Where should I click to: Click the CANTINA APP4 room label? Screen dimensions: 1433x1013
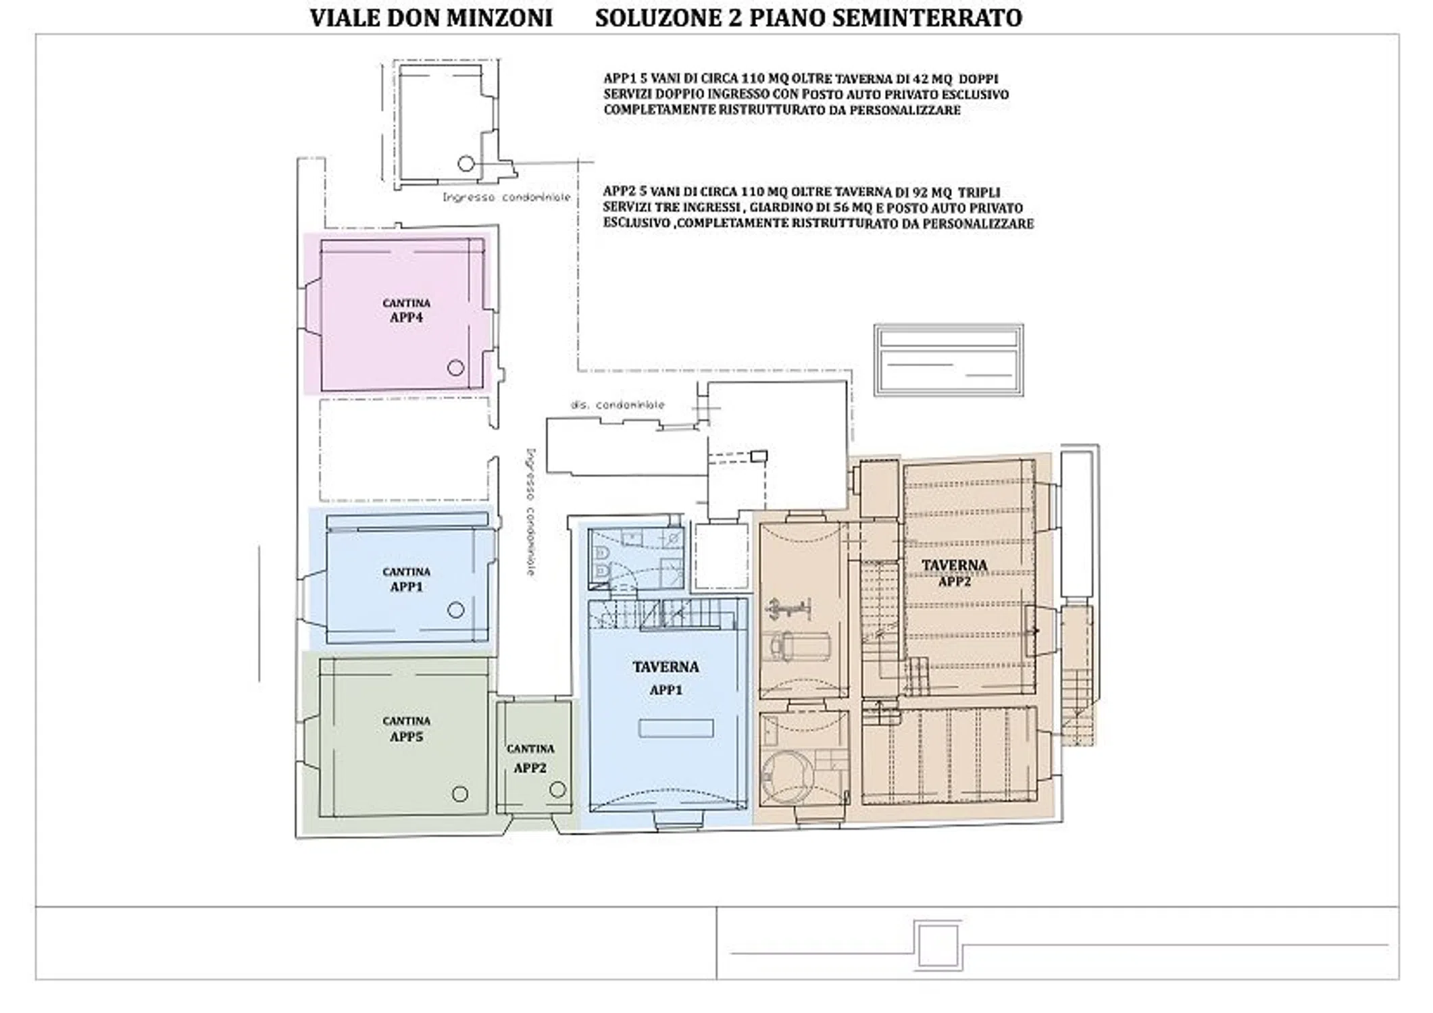pos(406,311)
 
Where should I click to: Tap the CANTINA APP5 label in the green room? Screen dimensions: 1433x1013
pos(406,729)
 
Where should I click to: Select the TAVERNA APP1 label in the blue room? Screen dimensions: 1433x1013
pos(665,677)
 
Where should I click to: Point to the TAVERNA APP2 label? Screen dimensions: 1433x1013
pos(954,572)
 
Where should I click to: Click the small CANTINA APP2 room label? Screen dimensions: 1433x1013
pos(530,758)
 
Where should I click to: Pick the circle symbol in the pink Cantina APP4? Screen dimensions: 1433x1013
pos(455,368)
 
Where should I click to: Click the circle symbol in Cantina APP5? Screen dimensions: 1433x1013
pos(460,794)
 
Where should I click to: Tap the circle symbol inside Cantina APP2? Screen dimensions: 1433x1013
pos(557,789)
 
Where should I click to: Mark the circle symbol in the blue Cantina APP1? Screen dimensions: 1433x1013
pos(456,610)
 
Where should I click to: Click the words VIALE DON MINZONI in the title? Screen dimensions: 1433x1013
pos(431,18)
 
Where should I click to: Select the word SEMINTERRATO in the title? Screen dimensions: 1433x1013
pos(927,18)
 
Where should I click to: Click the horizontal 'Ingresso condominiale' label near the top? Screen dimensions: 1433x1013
pos(507,197)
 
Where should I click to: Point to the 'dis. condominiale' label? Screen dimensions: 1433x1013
pos(618,405)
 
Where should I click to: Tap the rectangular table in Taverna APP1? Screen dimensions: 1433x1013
pos(676,728)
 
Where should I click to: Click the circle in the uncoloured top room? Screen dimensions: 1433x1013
pos(466,163)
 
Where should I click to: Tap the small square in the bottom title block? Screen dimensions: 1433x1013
pos(938,945)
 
